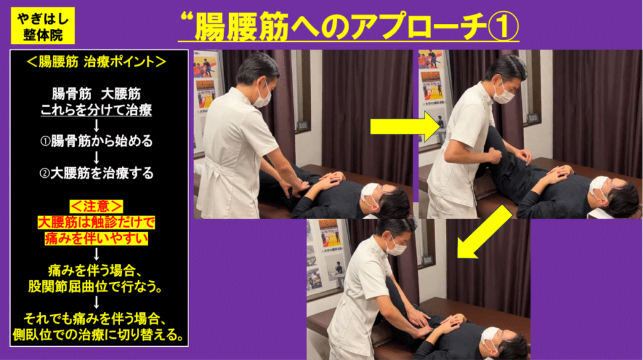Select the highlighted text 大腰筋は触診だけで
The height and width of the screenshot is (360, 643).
97,222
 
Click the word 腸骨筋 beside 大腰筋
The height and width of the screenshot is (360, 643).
68,95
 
